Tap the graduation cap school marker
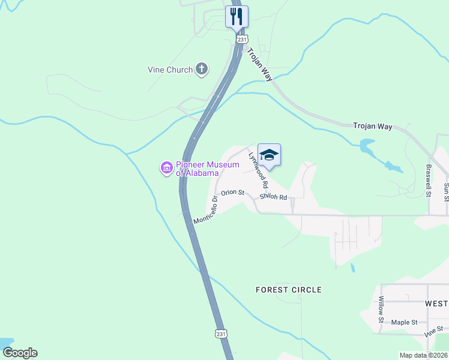(269, 155)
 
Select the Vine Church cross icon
(202, 70)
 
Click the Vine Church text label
(170, 70)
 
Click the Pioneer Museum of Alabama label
(197, 168)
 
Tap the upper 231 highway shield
(241, 39)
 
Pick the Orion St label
(232, 193)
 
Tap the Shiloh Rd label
(274, 197)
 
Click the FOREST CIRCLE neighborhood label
(288, 290)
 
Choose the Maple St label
(404, 322)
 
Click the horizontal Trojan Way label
(372, 127)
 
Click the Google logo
(20, 353)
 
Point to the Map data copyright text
(423, 355)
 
